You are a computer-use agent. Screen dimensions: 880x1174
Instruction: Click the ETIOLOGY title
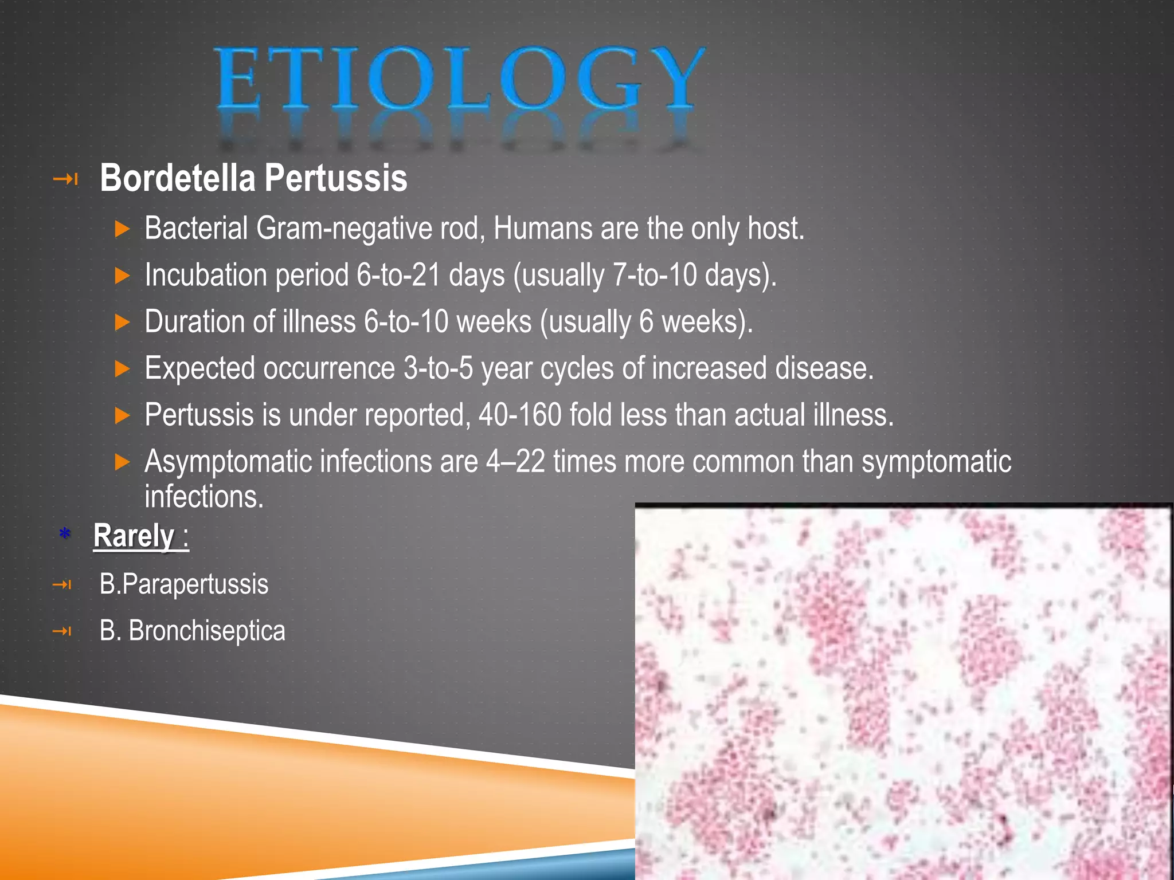(459, 78)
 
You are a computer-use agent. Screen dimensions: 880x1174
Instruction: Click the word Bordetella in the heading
(178, 178)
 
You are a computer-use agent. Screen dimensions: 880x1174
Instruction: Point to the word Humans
(542, 229)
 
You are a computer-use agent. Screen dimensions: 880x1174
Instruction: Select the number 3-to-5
(438, 368)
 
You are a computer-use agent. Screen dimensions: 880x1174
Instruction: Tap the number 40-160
(520, 414)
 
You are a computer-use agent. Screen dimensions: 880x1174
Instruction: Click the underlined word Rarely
(134, 536)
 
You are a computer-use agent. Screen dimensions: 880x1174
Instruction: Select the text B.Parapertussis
(183, 584)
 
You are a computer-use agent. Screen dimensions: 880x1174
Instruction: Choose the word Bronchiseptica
(206, 631)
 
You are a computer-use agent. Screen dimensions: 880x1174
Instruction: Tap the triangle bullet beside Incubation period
(123, 276)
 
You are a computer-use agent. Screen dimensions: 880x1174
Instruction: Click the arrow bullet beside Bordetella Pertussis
(65, 179)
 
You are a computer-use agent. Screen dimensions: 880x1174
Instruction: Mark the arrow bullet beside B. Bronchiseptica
(62, 631)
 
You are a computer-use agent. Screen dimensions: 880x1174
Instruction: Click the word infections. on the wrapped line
(204, 497)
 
